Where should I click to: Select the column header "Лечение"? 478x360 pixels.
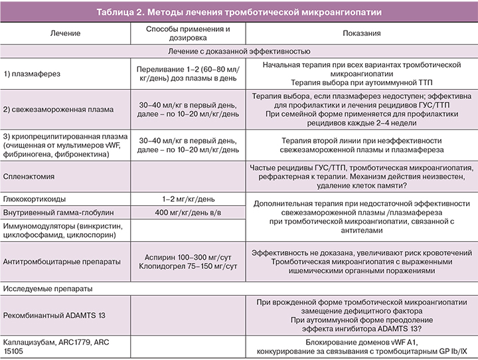click(x=65, y=33)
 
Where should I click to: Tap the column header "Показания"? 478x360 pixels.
click(x=362, y=33)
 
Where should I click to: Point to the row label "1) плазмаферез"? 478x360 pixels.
click(x=32, y=74)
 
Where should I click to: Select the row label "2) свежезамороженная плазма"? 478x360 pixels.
click(x=58, y=108)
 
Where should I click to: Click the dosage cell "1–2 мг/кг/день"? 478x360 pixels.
click(x=188, y=199)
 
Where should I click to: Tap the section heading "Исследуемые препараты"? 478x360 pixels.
click(x=46, y=289)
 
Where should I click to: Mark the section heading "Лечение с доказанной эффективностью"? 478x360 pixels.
click(x=239, y=50)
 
